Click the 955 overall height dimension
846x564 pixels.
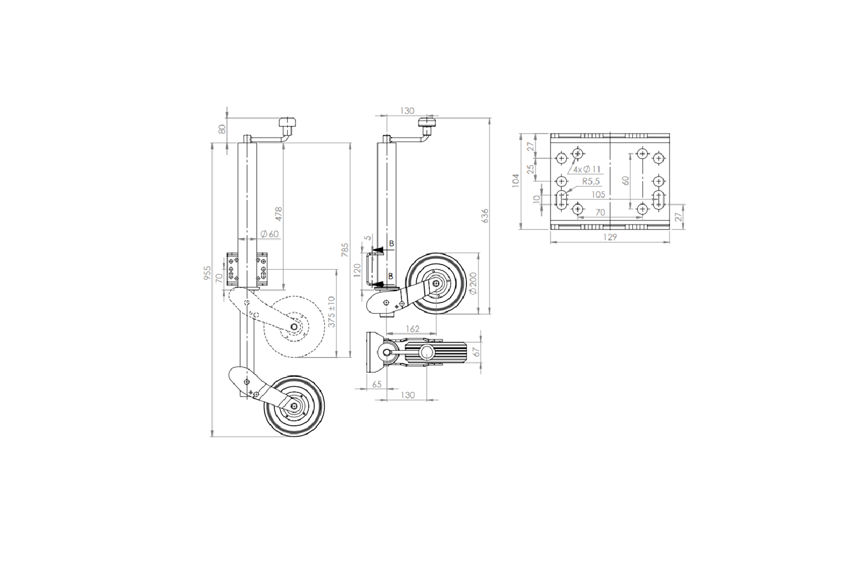point(208,272)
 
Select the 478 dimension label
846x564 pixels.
point(279,214)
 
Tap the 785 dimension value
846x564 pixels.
point(345,250)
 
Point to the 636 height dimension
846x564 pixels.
point(485,215)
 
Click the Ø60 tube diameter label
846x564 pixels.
point(270,234)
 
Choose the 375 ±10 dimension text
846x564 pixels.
point(332,312)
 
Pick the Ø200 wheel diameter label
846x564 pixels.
point(474,283)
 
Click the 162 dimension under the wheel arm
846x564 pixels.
point(412,329)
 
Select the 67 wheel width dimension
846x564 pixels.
point(477,352)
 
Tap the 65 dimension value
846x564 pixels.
point(377,384)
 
